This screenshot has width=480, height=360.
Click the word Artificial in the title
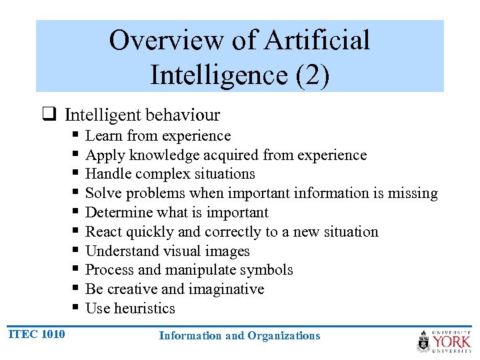coord(317,40)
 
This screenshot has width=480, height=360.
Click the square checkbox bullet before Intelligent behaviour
coord(49,115)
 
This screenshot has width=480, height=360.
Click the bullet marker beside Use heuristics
coord(75,309)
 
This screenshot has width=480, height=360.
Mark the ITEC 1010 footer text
coord(37,333)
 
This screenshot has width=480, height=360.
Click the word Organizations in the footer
coord(283,335)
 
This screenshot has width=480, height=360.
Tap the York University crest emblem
coord(424,341)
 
